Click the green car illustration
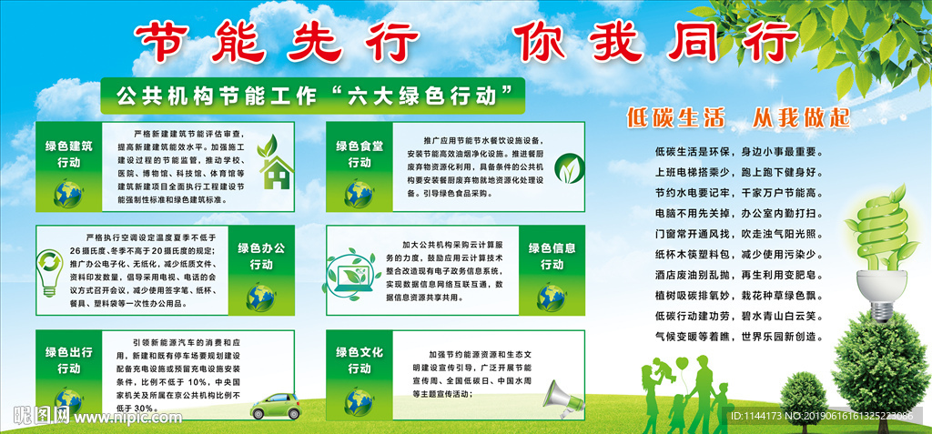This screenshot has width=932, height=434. coord(277,405)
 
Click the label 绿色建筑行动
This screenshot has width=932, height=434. coord(68,154)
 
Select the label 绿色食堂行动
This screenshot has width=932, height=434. coord(359,154)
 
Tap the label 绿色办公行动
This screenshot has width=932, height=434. coord(262,256)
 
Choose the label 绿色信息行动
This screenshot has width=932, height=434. coord(552,256)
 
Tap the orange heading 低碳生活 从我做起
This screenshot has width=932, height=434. coord(737,116)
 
